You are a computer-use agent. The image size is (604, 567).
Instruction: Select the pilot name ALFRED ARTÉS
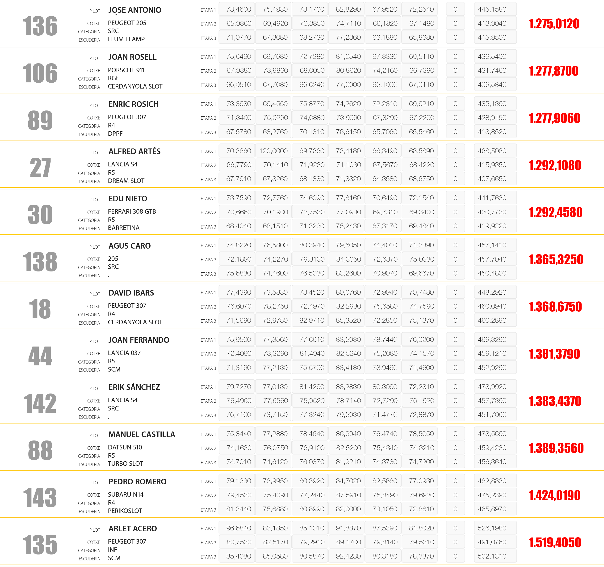click(134, 151)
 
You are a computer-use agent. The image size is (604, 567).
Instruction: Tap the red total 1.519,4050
click(554, 543)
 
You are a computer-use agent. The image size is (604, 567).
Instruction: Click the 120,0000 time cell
click(273, 151)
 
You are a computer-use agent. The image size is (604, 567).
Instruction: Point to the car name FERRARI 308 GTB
click(132, 212)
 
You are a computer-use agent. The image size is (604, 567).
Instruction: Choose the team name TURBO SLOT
click(125, 464)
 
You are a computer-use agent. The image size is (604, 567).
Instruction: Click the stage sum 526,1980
click(492, 528)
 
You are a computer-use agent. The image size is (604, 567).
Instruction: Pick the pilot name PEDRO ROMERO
click(137, 482)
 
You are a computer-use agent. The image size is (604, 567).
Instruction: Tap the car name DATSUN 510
click(125, 447)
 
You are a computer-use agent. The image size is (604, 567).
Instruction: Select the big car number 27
click(40, 168)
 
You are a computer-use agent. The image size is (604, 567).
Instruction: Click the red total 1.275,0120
click(554, 24)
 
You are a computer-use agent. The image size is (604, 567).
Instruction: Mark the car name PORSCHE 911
click(126, 70)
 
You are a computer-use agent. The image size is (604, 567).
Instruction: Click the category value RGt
click(113, 78)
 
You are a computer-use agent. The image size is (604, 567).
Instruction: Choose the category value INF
click(112, 550)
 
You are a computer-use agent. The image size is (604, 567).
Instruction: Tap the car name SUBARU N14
click(126, 495)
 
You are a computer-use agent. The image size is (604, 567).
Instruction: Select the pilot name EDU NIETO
click(128, 199)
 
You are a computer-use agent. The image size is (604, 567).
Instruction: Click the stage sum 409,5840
click(492, 85)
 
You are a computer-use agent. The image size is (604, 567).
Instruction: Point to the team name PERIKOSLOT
click(125, 511)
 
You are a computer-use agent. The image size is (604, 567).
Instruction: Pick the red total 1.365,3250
click(555, 260)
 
